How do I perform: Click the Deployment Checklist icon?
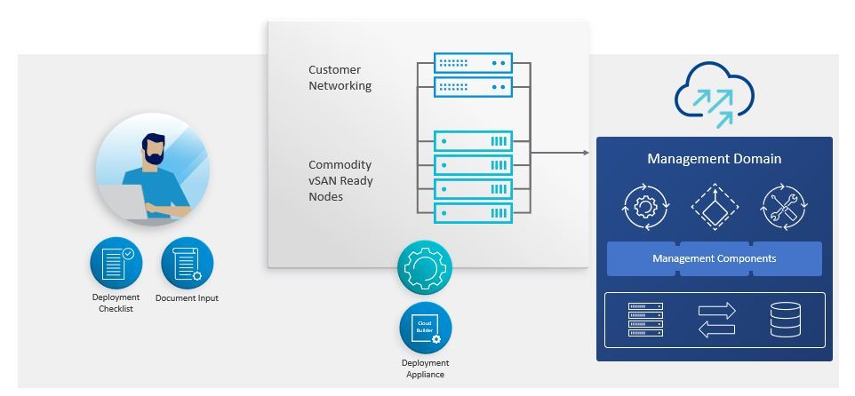tap(116, 263)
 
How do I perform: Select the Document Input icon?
tap(188, 263)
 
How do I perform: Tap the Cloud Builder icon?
tap(426, 328)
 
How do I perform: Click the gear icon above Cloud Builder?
tap(426, 267)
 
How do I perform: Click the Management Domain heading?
tap(715, 159)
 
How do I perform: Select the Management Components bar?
tap(715, 258)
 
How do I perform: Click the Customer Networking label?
tap(340, 78)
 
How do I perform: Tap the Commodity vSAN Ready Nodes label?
tap(340, 180)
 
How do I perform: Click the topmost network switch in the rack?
tap(473, 63)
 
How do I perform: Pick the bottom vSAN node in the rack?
tap(473, 212)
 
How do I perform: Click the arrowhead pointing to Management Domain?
tap(586, 153)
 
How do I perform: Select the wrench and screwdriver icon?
tap(783, 207)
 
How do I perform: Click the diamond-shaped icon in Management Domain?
tap(715, 207)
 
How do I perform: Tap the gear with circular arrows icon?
tap(645, 207)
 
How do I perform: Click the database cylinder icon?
tap(786, 320)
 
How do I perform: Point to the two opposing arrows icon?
tap(716, 320)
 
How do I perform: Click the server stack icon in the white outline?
tap(646, 320)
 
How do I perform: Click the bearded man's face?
tap(155, 148)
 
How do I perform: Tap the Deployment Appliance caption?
tap(426, 368)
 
